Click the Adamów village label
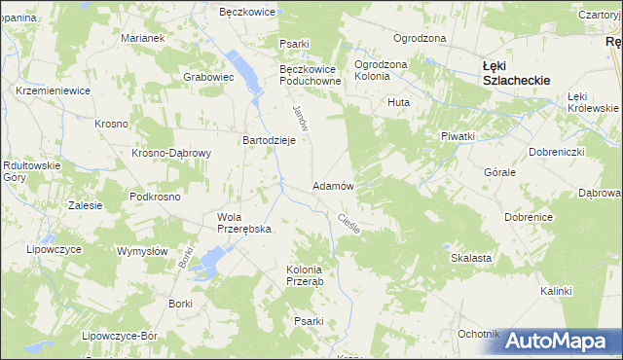point(333,185)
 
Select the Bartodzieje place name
point(269,140)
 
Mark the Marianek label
point(142,38)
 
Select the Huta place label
point(397,102)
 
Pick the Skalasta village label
point(470,259)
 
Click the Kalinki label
point(556,291)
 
